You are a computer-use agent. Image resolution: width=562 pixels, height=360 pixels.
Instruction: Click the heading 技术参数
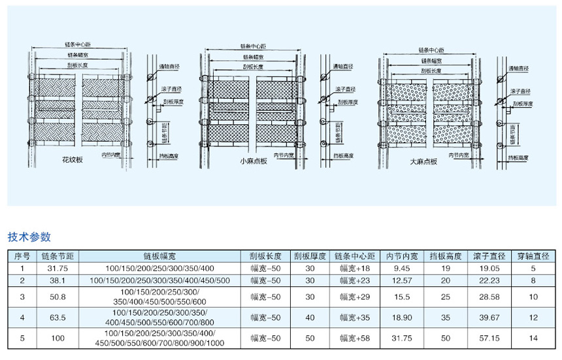coord(29,237)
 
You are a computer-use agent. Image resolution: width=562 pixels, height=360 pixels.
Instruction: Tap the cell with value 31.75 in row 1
coord(54,268)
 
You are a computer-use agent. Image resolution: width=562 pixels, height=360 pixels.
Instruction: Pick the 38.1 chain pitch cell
coord(54,280)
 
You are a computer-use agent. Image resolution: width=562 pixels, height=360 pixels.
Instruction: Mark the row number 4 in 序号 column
coord(22,318)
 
